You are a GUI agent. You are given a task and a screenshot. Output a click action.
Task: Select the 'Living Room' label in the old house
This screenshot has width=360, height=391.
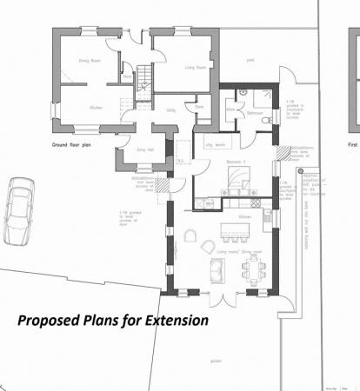(194, 65)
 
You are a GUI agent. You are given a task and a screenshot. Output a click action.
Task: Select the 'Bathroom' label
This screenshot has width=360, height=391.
(256, 113)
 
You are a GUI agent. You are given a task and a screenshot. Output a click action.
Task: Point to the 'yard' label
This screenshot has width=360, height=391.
(250, 61)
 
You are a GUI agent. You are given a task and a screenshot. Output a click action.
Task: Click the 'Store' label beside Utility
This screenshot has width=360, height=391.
(199, 107)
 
